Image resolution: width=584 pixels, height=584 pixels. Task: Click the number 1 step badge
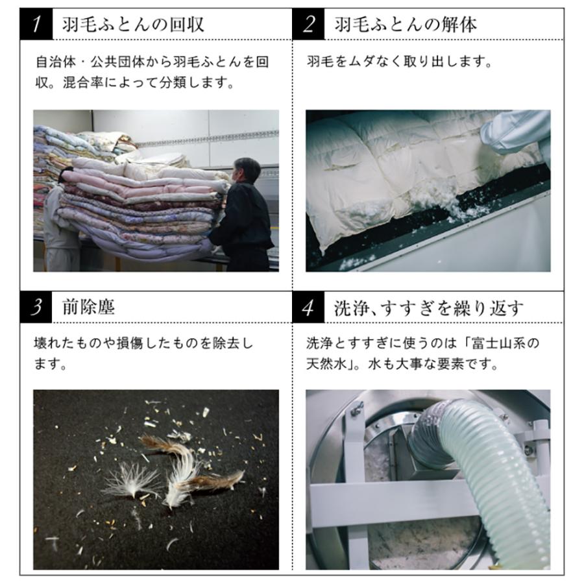[x=39, y=25]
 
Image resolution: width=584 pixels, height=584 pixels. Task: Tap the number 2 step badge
[x=311, y=25]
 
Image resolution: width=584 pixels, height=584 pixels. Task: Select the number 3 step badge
[x=39, y=307]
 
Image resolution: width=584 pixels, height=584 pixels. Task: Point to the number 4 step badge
[x=311, y=307]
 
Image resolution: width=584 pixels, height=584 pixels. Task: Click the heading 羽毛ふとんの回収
[x=133, y=25]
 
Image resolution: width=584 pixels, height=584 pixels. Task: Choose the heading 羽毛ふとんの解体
[x=406, y=25]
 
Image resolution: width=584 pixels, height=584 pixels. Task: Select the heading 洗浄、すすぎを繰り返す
[x=428, y=307]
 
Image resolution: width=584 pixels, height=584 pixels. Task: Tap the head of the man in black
[x=248, y=170]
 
